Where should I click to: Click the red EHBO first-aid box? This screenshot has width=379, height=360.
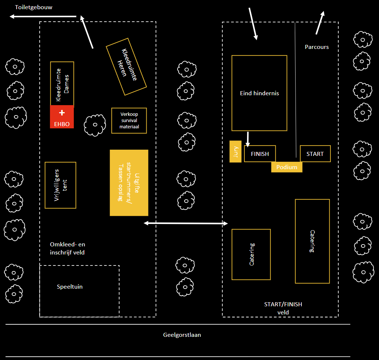pos(62,117)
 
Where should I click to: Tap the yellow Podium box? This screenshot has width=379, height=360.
pos(287,167)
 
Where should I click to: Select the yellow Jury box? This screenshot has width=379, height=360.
pos(235,152)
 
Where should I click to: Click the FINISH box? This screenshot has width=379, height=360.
pos(260,154)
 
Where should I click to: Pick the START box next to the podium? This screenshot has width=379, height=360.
pos(315,154)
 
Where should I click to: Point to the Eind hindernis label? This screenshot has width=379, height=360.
pos(259,93)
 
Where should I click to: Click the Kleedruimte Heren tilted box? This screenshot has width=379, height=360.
pos(126,67)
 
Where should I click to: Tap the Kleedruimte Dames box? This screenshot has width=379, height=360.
pos(62,84)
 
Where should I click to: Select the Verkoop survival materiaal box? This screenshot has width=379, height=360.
pos(129,121)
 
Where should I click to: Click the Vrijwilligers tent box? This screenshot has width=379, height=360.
pos(60,185)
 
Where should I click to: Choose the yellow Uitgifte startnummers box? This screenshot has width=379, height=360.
pos(129,183)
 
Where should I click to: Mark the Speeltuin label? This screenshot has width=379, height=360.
pos(70,287)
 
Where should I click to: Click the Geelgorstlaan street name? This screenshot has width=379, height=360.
pos(182,335)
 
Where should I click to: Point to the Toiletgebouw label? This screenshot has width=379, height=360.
pos(34,7)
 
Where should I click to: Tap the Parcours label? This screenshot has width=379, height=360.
pos(317,47)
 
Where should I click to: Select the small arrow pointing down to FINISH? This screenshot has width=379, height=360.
pos(248,139)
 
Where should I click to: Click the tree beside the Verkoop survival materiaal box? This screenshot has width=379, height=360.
pos(95,125)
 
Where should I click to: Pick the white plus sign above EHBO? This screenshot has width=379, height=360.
pos(62,112)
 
